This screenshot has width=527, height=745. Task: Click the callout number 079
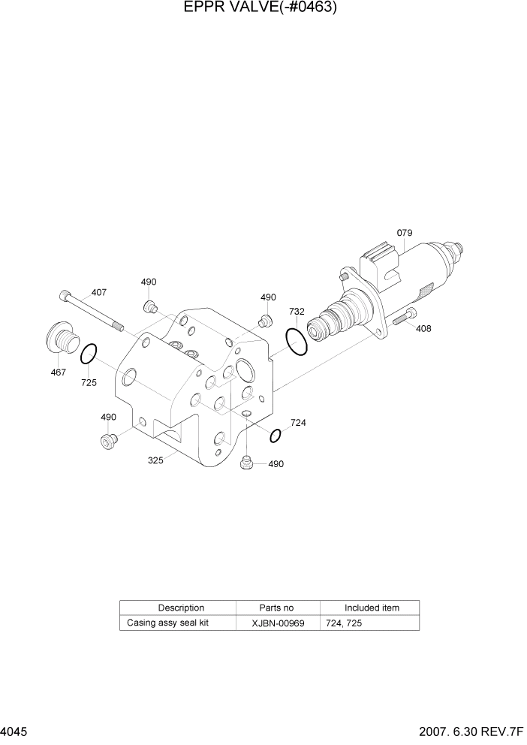pyautogui.click(x=404, y=233)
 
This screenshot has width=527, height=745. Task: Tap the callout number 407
pyautogui.click(x=99, y=293)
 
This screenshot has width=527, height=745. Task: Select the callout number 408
pyautogui.click(x=423, y=328)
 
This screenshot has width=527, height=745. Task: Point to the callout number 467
pyautogui.click(x=58, y=372)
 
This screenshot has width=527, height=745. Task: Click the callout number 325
pyautogui.click(x=156, y=460)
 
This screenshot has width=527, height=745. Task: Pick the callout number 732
pyautogui.click(x=297, y=311)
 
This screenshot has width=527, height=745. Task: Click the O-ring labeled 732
pyautogui.click(x=297, y=341)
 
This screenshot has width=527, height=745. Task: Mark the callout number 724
pyautogui.click(x=298, y=423)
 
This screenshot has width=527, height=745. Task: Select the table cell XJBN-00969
pyautogui.click(x=278, y=623)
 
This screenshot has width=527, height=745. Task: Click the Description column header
pyautogui.click(x=181, y=608)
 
